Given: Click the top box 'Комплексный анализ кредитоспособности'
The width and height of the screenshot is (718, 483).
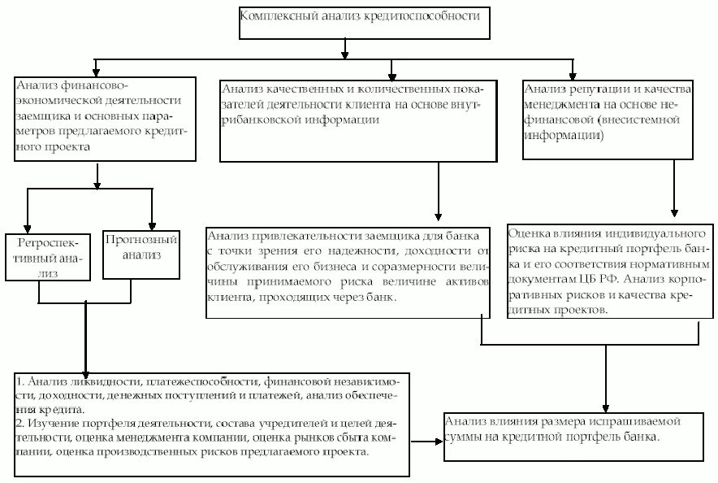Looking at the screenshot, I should click(365, 24).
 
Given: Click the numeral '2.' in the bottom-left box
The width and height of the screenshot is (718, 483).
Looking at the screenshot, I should click(19, 424).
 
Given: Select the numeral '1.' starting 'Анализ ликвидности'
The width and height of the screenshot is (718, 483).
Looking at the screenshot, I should click(19, 381).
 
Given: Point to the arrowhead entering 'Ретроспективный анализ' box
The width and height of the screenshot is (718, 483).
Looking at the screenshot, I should click(28, 227).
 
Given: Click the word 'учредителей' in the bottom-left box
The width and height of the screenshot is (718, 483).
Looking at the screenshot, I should click(293, 424).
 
